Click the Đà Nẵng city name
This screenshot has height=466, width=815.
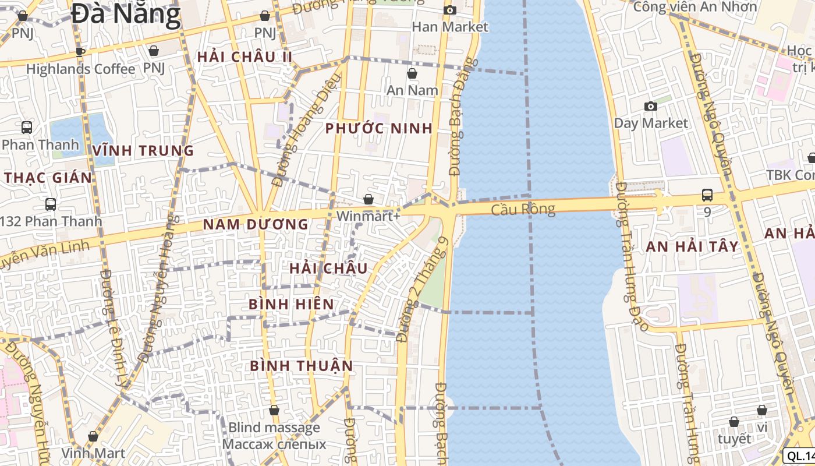click(126, 14)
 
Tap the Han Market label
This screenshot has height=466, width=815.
click(450, 27)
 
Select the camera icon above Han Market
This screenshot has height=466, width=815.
click(450, 10)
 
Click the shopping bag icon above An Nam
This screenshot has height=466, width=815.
click(412, 73)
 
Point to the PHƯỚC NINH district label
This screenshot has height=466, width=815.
click(379, 129)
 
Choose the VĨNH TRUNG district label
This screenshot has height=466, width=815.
click(143, 151)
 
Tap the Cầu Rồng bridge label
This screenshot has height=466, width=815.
click(523, 209)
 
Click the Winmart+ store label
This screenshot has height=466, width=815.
click(368, 216)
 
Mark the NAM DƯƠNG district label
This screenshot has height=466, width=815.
click(256, 224)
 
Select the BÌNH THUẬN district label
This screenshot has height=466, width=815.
click(302, 366)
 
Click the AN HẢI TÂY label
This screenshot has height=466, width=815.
click(692, 246)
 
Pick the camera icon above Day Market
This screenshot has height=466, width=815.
click(651, 106)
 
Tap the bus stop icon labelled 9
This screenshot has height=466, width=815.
click(707, 195)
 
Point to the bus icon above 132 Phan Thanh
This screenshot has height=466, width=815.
click(51, 204)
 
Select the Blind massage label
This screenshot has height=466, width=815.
click(274, 428)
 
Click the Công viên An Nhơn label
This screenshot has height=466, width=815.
click(695, 7)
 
